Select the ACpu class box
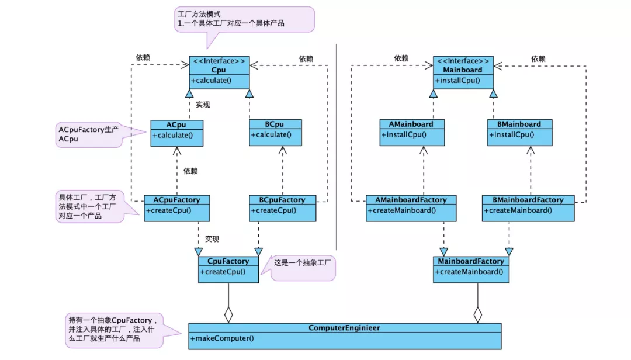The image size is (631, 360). pos(176,133)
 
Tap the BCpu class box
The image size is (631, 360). pos(275,133)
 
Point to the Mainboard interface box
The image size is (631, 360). pos(463,72)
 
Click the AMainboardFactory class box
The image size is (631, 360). pos(411,207)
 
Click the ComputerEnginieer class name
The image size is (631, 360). pos(344,328)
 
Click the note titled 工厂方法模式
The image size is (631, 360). pos(244,19)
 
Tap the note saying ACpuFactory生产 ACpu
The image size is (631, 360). pos(88,134)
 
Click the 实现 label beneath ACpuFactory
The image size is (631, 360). pos(212,239)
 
